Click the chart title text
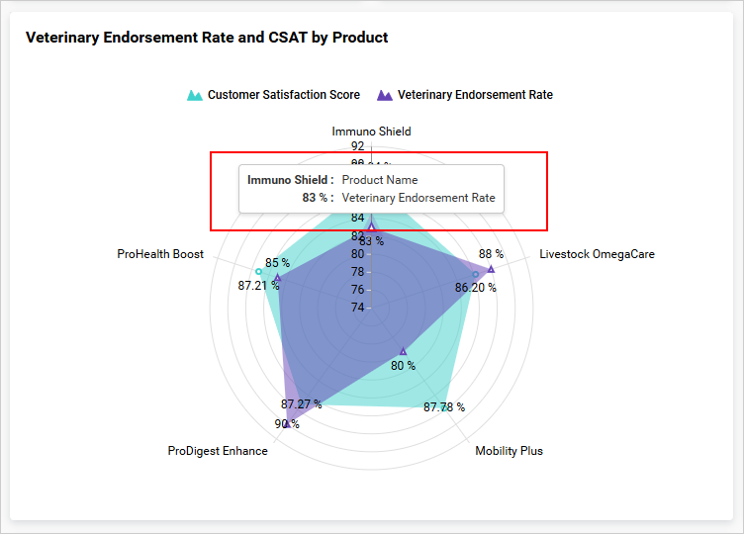(x=207, y=38)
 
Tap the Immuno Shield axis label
(x=371, y=131)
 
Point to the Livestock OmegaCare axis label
(x=597, y=254)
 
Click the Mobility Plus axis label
(x=509, y=451)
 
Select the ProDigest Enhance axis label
(x=218, y=451)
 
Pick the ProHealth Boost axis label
(x=160, y=254)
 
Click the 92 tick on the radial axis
(x=357, y=146)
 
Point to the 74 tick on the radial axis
(x=357, y=308)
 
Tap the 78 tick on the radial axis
(x=357, y=272)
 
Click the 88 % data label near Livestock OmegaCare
(x=491, y=254)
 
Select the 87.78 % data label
(x=444, y=406)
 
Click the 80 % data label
(x=403, y=366)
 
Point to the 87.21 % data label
(x=258, y=286)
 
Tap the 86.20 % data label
(x=476, y=288)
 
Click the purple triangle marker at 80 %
(x=403, y=351)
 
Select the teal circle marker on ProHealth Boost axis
(x=258, y=271)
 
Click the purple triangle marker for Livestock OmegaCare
(x=491, y=269)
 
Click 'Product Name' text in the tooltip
(x=380, y=180)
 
